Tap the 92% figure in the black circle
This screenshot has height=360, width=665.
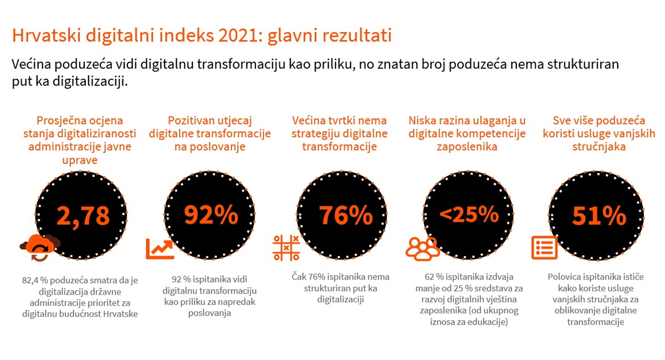point(211,214)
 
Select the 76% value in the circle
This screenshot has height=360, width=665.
point(346,214)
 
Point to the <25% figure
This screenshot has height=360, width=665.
point(469,214)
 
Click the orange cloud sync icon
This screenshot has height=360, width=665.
point(40,247)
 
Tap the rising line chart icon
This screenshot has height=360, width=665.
point(160,249)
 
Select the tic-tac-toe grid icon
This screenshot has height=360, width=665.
point(286,248)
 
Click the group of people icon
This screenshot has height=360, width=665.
point(422,249)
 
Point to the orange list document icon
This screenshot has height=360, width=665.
point(544,248)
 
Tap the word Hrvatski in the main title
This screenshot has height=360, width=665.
point(47,35)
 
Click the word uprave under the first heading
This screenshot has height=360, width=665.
point(80,160)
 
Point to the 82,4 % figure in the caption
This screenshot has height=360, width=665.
point(35,280)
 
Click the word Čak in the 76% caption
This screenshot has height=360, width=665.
point(299,276)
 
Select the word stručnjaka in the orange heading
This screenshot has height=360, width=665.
point(599,147)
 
